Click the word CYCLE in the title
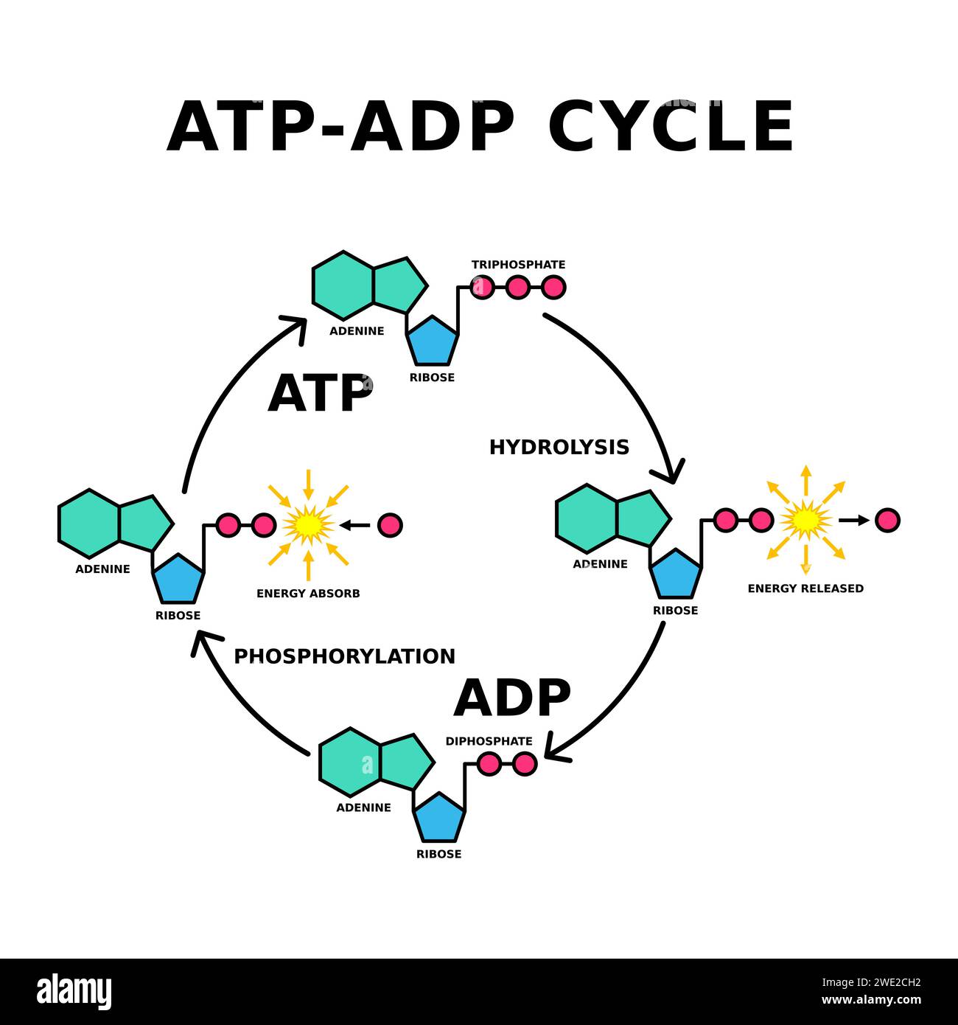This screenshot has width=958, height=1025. pos(671,126)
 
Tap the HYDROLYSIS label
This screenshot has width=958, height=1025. pos(559,447)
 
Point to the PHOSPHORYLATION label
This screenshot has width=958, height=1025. pos(344,656)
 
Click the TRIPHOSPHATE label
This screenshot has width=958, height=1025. pos(518,265)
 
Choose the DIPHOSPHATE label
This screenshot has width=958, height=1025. pos(489,741)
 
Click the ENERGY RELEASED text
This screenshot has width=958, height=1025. pos(805,588)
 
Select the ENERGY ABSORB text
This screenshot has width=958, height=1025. pos(308,593)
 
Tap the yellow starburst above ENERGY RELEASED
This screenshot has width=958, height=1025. pos(805,521)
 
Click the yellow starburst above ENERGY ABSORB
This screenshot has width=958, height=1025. pos(308,525)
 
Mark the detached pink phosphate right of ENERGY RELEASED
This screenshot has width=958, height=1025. pos(887,520)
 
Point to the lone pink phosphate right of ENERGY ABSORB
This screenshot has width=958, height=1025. pos(390,525)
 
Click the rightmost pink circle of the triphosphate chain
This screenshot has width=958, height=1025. pos(553,287)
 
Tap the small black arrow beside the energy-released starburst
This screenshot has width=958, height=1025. pos(853,521)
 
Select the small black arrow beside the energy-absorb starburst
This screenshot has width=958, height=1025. pos(355,525)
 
